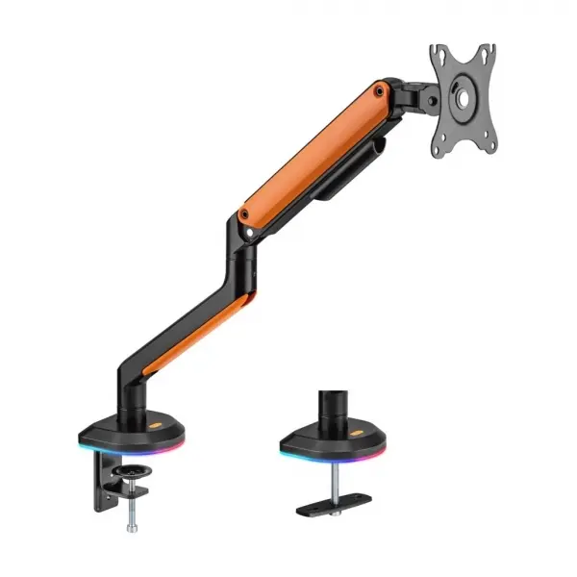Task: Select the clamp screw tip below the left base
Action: click(x=131, y=526)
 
